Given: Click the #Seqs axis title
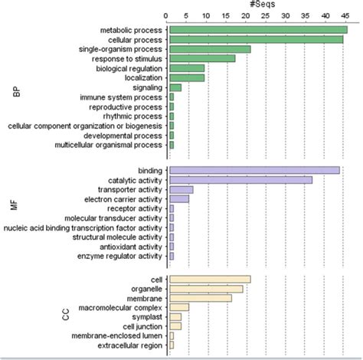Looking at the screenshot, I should click(x=257, y=5).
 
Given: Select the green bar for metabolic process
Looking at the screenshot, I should click(x=258, y=30).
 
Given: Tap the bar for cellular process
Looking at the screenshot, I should click(x=256, y=39).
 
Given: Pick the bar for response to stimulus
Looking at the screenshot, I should click(x=202, y=58).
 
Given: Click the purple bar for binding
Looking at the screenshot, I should click(x=254, y=170).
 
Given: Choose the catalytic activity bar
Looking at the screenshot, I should click(x=240, y=180).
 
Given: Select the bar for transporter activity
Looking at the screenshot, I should click(x=181, y=189).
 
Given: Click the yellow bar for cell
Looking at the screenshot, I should click(x=210, y=280).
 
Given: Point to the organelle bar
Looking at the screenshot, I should click(x=206, y=289).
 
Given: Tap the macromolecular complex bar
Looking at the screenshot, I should click(x=179, y=307).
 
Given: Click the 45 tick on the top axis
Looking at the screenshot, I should click(x=343, y=15).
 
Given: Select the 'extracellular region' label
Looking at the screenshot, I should click(x=124, y=345).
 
